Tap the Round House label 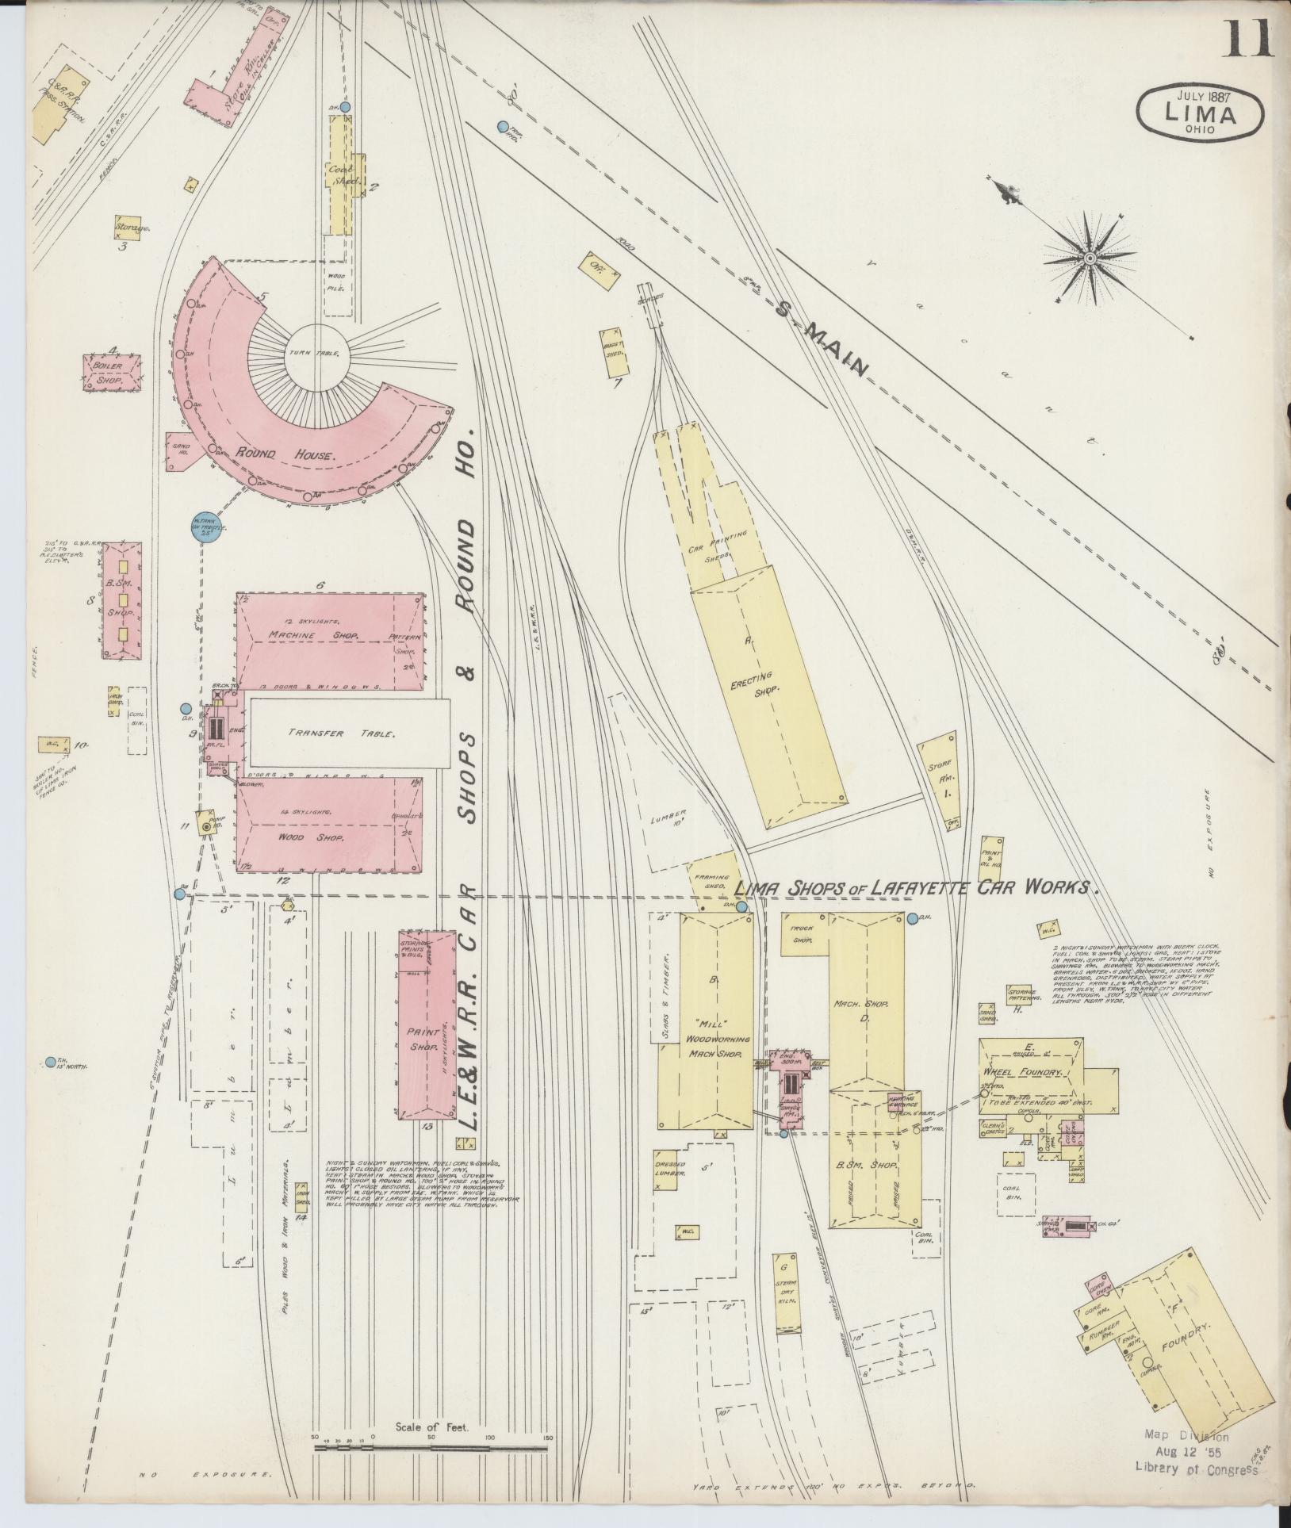coord(286,454)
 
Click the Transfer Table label coord(342,733)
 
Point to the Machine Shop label coord(313,635)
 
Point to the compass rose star coord(1090,258)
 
